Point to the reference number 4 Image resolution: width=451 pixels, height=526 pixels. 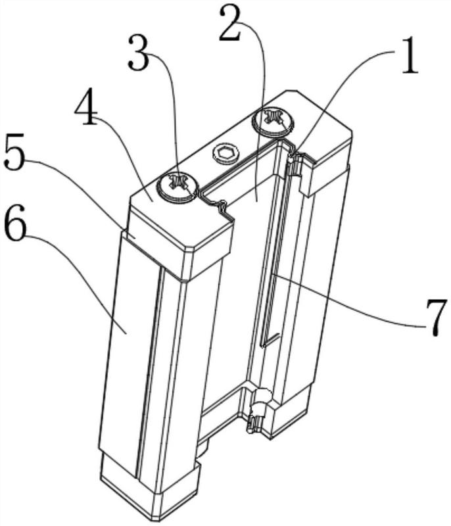[86, 107]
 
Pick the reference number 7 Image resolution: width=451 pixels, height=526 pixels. [435, 316]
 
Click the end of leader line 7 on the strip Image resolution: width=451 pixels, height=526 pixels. [273, 274]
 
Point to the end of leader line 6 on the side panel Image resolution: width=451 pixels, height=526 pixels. [126, 333]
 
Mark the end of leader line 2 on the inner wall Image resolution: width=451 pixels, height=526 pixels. [256, 201]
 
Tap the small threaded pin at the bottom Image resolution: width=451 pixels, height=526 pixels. [254, 423]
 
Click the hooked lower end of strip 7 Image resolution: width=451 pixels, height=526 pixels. [269, 340]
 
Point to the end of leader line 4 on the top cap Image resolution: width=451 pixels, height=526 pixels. [153, 201]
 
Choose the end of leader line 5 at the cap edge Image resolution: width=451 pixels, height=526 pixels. [134, 237]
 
